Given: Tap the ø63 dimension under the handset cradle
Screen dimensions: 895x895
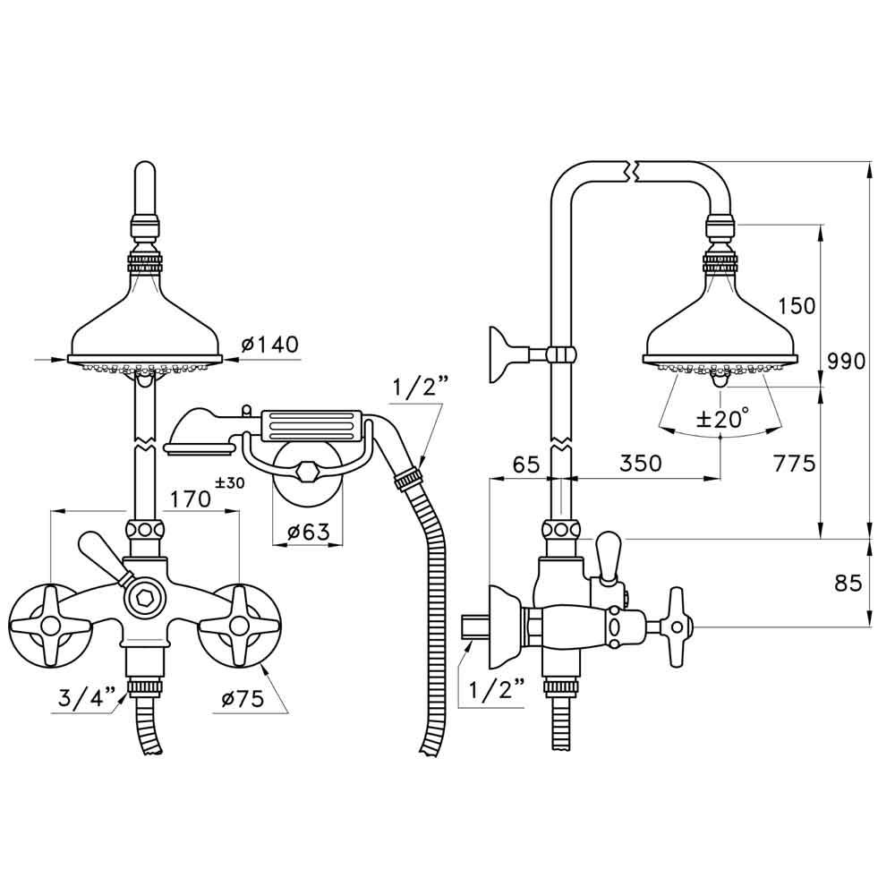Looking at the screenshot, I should tap(308, 533).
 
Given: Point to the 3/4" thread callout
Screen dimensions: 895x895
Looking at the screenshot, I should tap(86, 698).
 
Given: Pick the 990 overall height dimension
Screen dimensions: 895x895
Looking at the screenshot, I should tap(846, 362).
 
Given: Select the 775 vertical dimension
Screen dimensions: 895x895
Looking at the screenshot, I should tap(796, 463).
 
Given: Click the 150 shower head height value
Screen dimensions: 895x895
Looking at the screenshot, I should tap(796, 305).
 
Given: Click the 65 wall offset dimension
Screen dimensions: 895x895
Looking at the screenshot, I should tap(525, 463).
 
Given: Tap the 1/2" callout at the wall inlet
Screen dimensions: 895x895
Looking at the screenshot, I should tap(491, 688).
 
